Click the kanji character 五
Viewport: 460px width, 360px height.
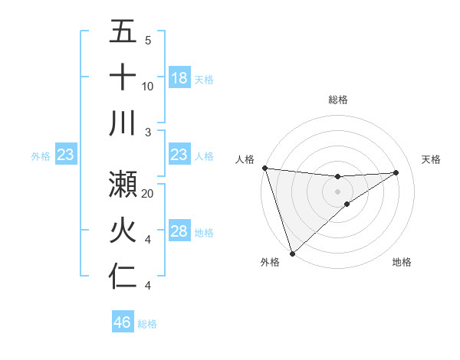123,33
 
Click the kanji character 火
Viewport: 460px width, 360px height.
123,231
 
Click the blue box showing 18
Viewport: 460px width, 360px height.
179,78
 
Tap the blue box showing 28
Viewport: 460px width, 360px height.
179,232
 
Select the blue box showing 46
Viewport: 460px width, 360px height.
123,322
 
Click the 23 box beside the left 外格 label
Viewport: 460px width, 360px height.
66,155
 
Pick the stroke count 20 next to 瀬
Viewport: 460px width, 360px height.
148,194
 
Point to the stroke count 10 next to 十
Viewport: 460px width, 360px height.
148,87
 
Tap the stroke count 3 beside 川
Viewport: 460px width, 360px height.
147,132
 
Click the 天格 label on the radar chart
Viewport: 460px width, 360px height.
431,159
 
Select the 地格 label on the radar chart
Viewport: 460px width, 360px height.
402,262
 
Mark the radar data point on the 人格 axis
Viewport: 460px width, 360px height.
264,168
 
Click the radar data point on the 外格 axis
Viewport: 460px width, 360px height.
292,253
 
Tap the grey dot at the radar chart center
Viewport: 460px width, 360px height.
337,191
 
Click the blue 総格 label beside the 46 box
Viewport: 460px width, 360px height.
147,324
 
